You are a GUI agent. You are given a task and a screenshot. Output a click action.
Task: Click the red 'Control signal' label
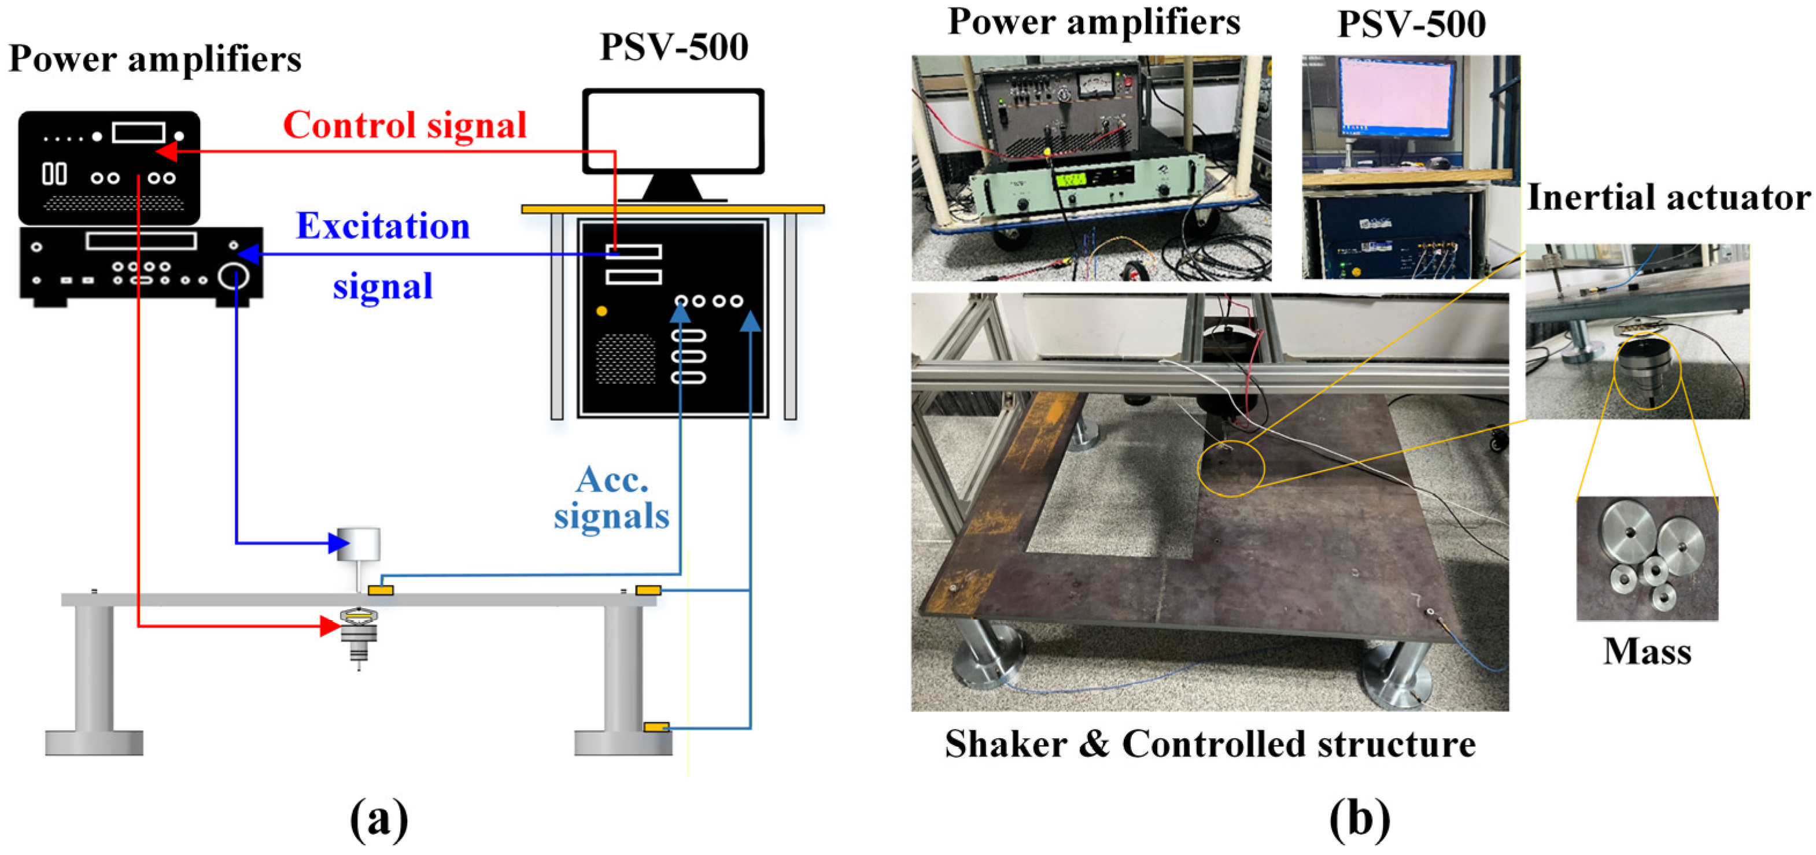pos(405,125)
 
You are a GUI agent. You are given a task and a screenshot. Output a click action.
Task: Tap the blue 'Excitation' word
pos(383,226)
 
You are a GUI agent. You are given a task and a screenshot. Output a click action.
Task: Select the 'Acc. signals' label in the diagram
pos(611,498)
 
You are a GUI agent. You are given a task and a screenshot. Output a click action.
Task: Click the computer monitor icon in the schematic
pos(673,132)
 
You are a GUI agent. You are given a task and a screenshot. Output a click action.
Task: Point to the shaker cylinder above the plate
pos(359,544)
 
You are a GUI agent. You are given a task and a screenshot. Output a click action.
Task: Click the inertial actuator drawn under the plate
pos(359,634)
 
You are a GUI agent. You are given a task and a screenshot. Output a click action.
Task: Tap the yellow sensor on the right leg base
pos(656,727)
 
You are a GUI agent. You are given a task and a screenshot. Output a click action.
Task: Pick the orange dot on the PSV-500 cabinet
pos(601,311)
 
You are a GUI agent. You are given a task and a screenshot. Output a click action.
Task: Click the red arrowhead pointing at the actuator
pos(329,625)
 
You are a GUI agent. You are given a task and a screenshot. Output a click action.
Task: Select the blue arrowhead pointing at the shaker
pos(338,543)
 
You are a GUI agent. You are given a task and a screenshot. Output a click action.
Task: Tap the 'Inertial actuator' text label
pos(1668,197)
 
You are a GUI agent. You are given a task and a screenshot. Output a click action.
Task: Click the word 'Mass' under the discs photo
pos(1647,652)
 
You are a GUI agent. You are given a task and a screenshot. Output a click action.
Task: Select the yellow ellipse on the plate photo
pos(1231,469)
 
